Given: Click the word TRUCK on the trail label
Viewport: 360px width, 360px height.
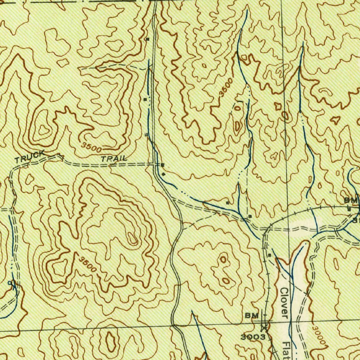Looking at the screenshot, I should tap(30, 157).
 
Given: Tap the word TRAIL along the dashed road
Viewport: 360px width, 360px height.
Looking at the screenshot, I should tap(114, 159).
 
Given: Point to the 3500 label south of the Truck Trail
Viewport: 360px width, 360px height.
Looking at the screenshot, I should tap(87, 264).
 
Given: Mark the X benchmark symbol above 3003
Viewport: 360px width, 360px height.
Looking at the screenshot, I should tap(264, 328).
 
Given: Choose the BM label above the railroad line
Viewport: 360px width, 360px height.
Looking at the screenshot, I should tap(350, 200).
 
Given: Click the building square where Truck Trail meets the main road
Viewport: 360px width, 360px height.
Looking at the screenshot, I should tap(162, 165).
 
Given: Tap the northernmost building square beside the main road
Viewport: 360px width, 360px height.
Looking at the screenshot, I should tap(147, 39).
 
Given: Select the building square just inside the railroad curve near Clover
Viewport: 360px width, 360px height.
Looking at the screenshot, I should tap(269, 255).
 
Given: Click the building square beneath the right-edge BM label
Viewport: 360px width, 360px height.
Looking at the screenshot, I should tap(349, 209).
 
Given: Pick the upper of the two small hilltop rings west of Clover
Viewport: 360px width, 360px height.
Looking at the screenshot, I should tap(223, 260).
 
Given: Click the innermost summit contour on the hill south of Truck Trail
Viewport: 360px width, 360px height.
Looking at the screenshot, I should tap(133, 240).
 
